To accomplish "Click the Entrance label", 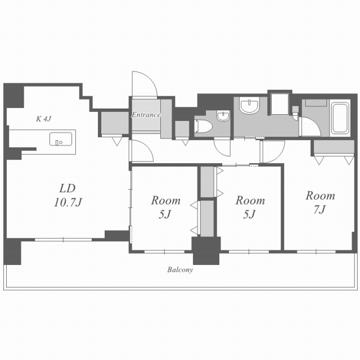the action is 146,115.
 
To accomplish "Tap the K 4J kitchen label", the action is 44,119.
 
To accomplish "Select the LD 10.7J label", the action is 68,195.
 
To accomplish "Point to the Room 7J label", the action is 320,202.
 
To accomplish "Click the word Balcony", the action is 180,269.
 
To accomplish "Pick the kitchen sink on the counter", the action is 61,139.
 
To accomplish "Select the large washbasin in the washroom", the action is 249,105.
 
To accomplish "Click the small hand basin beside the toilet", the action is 223,116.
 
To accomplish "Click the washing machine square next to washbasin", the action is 280,103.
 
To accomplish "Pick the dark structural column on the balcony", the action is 206,251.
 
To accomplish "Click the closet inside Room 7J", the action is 334,146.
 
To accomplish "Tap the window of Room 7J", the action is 316,252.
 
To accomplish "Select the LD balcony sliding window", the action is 63,240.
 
